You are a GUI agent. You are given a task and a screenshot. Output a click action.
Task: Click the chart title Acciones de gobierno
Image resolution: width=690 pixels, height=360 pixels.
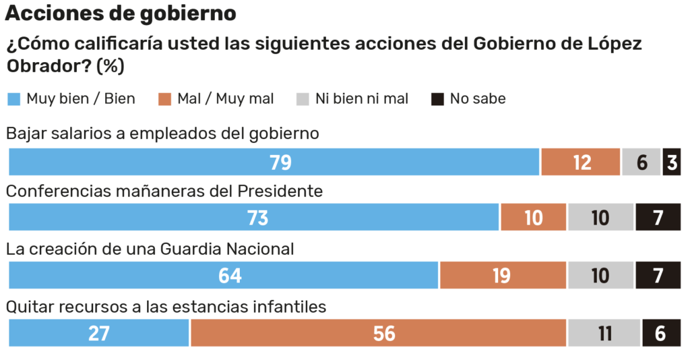[121, 13]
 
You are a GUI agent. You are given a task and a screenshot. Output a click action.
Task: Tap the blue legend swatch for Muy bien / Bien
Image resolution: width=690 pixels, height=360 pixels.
[14, 99]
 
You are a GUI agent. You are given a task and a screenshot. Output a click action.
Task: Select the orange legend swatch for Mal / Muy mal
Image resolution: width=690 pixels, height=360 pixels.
[165, 99]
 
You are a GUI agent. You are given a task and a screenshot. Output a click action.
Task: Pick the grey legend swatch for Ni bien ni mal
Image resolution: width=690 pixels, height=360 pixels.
[303, 99]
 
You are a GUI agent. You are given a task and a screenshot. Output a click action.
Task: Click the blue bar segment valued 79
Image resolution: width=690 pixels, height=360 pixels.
[274, 162]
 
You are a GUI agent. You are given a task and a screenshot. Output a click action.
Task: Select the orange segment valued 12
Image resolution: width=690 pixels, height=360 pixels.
[581, 162]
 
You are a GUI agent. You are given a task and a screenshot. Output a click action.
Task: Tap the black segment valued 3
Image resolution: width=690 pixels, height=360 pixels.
[672, 162]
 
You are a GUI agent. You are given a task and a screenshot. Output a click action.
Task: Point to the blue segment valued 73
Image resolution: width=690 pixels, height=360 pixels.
[253, 218]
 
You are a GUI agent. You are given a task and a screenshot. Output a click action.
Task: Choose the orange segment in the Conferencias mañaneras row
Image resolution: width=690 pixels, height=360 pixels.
[534, 218]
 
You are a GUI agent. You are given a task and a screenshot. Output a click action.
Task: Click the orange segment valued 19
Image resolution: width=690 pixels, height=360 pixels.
[503, 275]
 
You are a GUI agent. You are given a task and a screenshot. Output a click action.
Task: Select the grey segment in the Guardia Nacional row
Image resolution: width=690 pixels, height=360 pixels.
[600, 275]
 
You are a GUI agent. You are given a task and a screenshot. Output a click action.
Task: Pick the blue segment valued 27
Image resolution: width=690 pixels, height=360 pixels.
[99, 333]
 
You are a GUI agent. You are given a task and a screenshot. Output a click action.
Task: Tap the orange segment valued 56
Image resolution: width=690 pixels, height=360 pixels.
[379, 333]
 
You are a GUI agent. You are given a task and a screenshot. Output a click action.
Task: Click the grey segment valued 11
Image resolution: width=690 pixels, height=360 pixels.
[604, 333]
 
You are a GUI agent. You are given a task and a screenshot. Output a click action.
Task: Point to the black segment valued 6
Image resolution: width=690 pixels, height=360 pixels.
[661, 333]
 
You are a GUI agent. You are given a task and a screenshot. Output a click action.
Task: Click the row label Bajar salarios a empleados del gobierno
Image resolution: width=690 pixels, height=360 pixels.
[162, 133]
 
